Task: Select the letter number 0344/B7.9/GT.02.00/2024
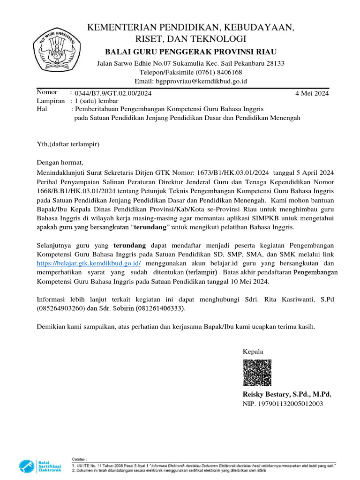point(111,93)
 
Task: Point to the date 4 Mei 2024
point(312,93)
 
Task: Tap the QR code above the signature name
point(257,373)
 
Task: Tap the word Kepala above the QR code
point(253,352)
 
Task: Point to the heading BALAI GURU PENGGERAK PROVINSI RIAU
point(190,52)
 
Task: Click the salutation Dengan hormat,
point(60,163)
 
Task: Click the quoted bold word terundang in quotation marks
point(150,227)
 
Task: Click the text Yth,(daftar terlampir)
point(68,144)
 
